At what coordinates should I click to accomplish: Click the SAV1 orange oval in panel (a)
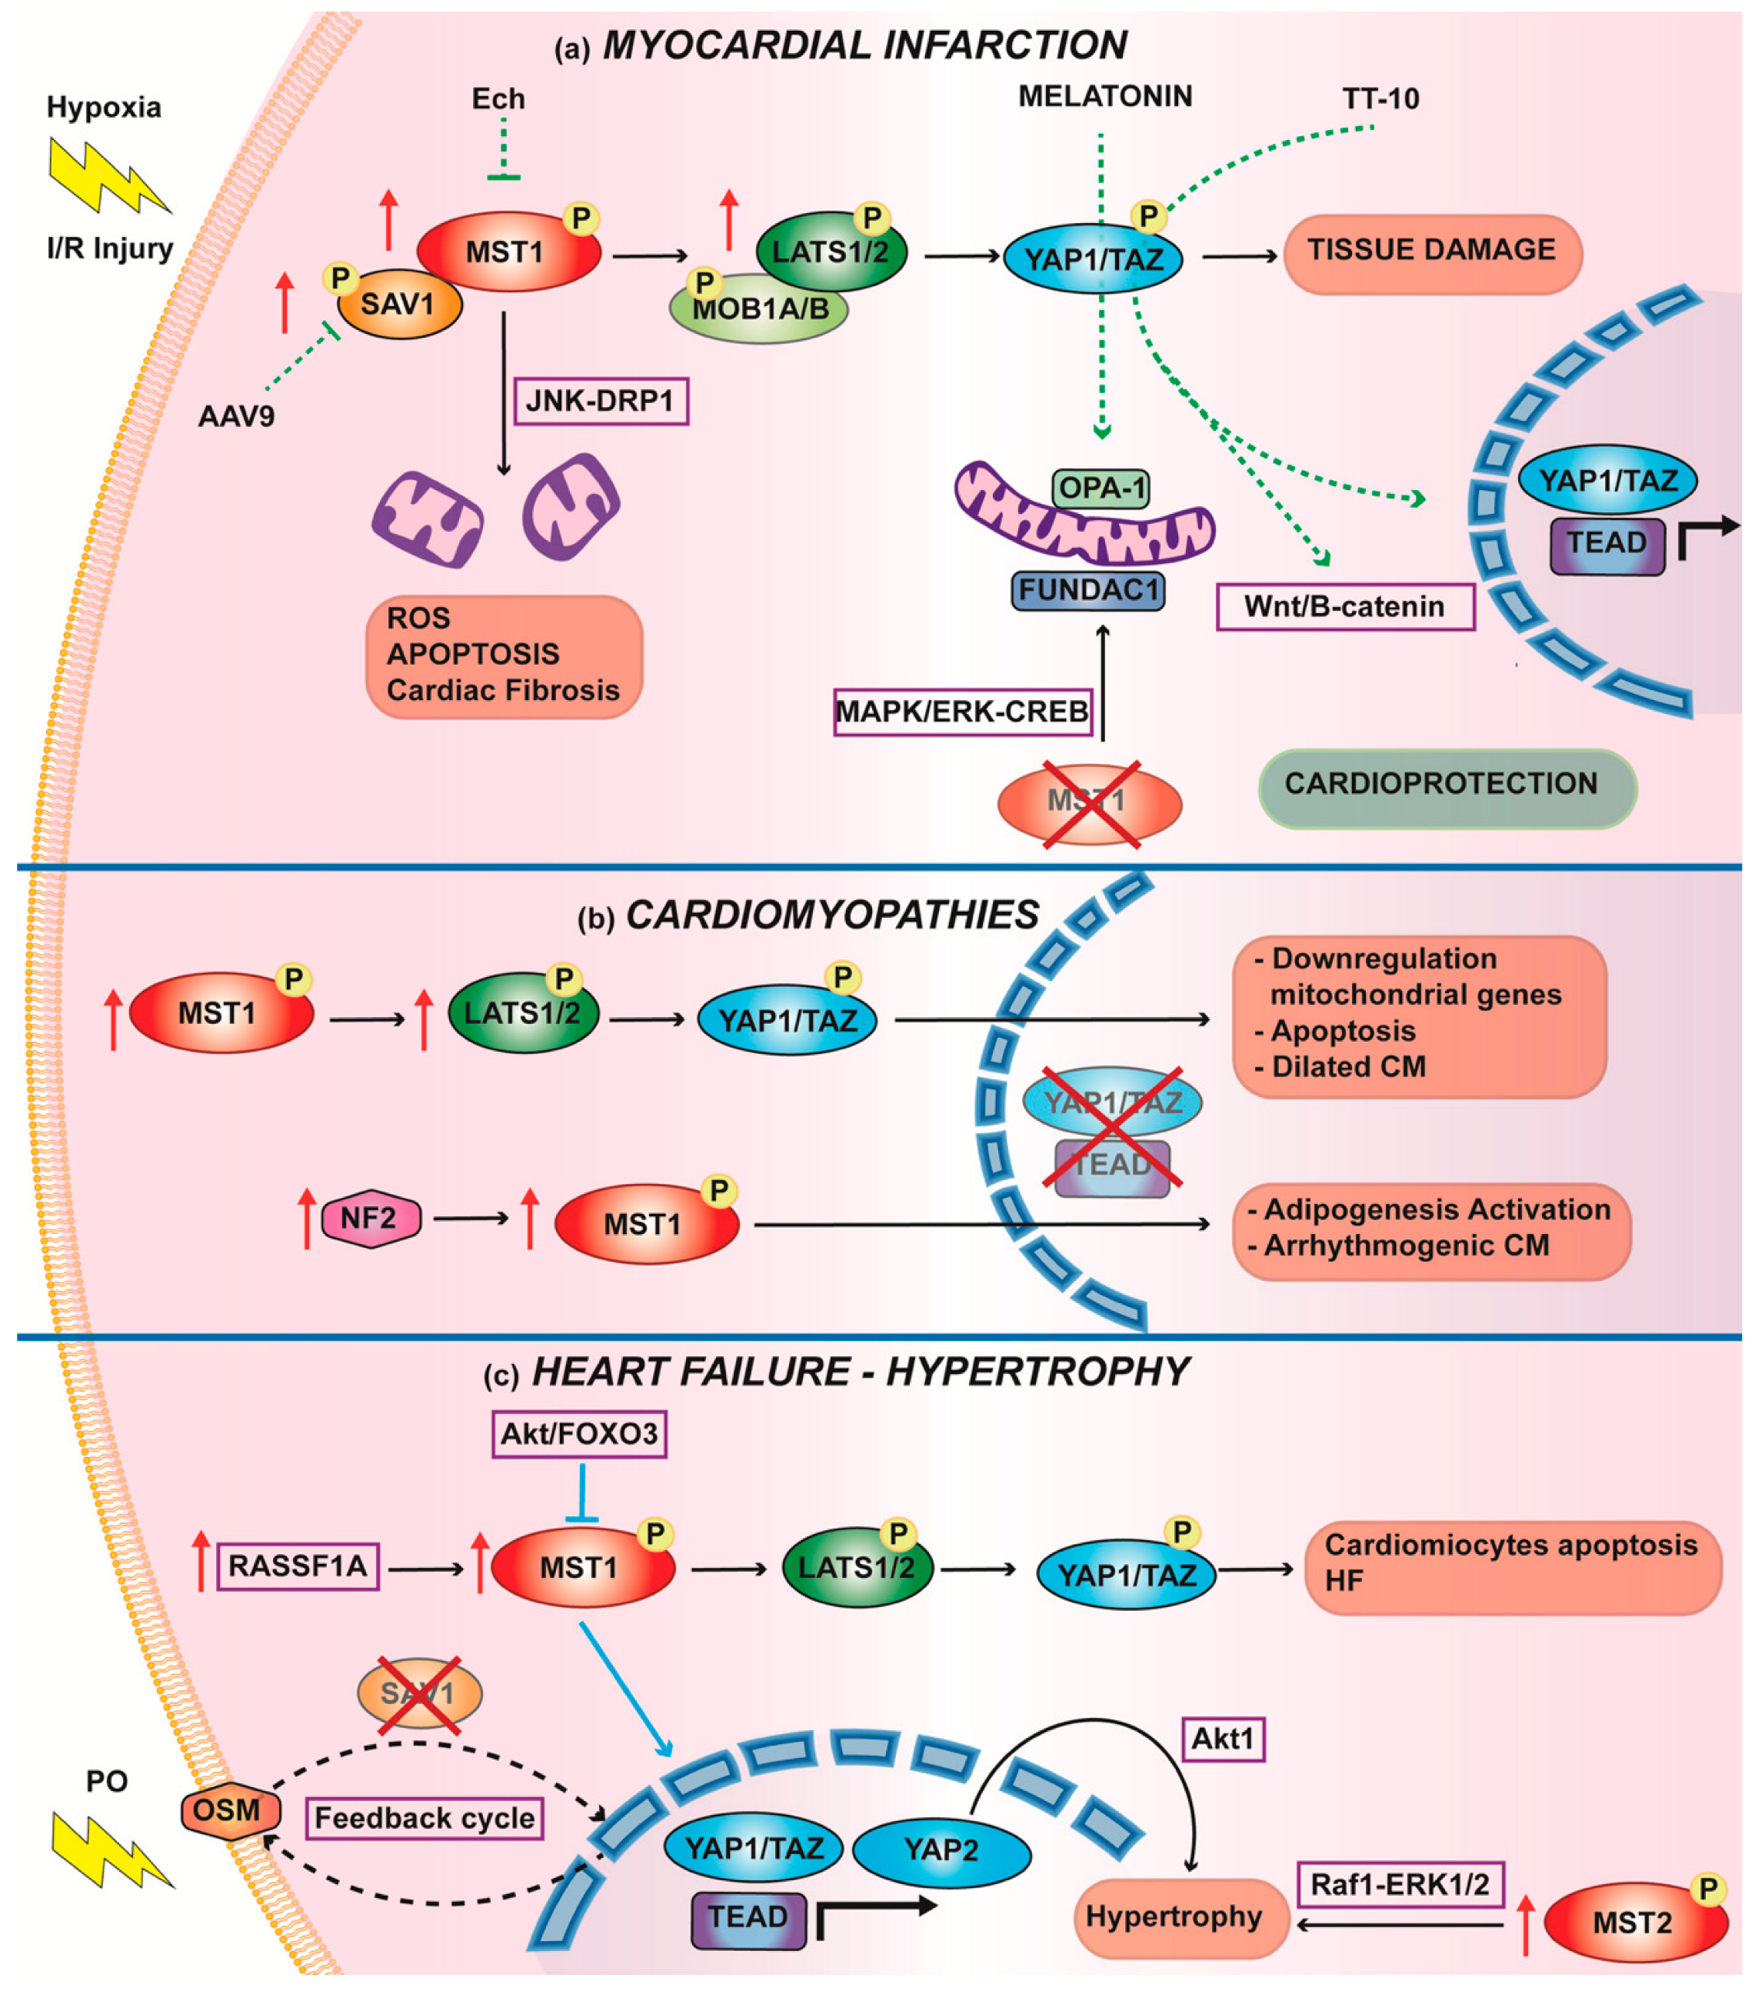coord(399,305)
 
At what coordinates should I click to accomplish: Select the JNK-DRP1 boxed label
coord(600,400)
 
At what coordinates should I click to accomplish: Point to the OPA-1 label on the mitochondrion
coord(1101,487)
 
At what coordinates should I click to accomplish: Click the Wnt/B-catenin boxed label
coord(1344,607)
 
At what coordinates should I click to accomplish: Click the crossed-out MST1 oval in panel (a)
coord(1089,802)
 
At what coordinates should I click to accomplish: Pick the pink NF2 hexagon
coord(370,1218)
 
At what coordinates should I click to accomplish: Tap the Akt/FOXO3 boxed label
coord(579,1432)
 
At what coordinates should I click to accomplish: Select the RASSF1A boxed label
coord(298,1566)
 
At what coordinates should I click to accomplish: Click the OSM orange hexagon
coord(229,1809)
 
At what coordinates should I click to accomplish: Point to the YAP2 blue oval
coord(941,1849)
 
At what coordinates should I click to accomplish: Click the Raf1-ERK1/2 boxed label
coord(1400,1885)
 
